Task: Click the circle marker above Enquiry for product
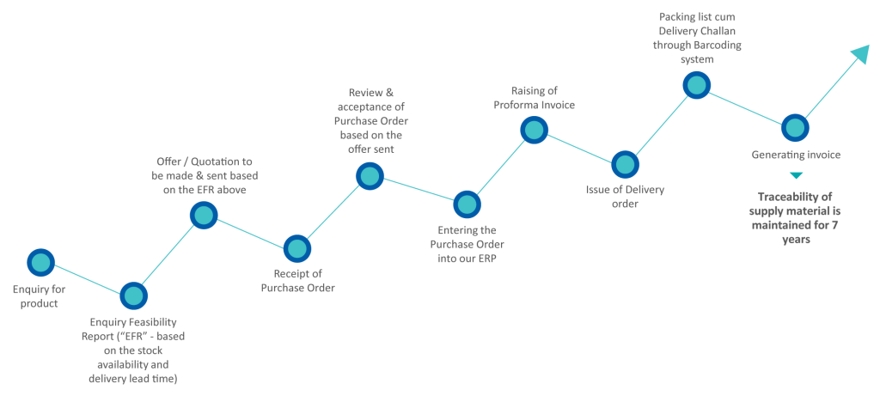[40, 262]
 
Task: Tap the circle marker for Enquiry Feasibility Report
[132, 295]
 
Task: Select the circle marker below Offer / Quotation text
[203, 215]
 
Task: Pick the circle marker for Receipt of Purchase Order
[296, 248]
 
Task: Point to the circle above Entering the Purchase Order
[466, 204]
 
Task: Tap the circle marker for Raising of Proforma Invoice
[534, 130]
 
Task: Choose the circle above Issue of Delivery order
[625, 164]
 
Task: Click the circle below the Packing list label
[695, 84]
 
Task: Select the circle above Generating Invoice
[795, 127]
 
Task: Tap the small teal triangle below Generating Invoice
[796, 177]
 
